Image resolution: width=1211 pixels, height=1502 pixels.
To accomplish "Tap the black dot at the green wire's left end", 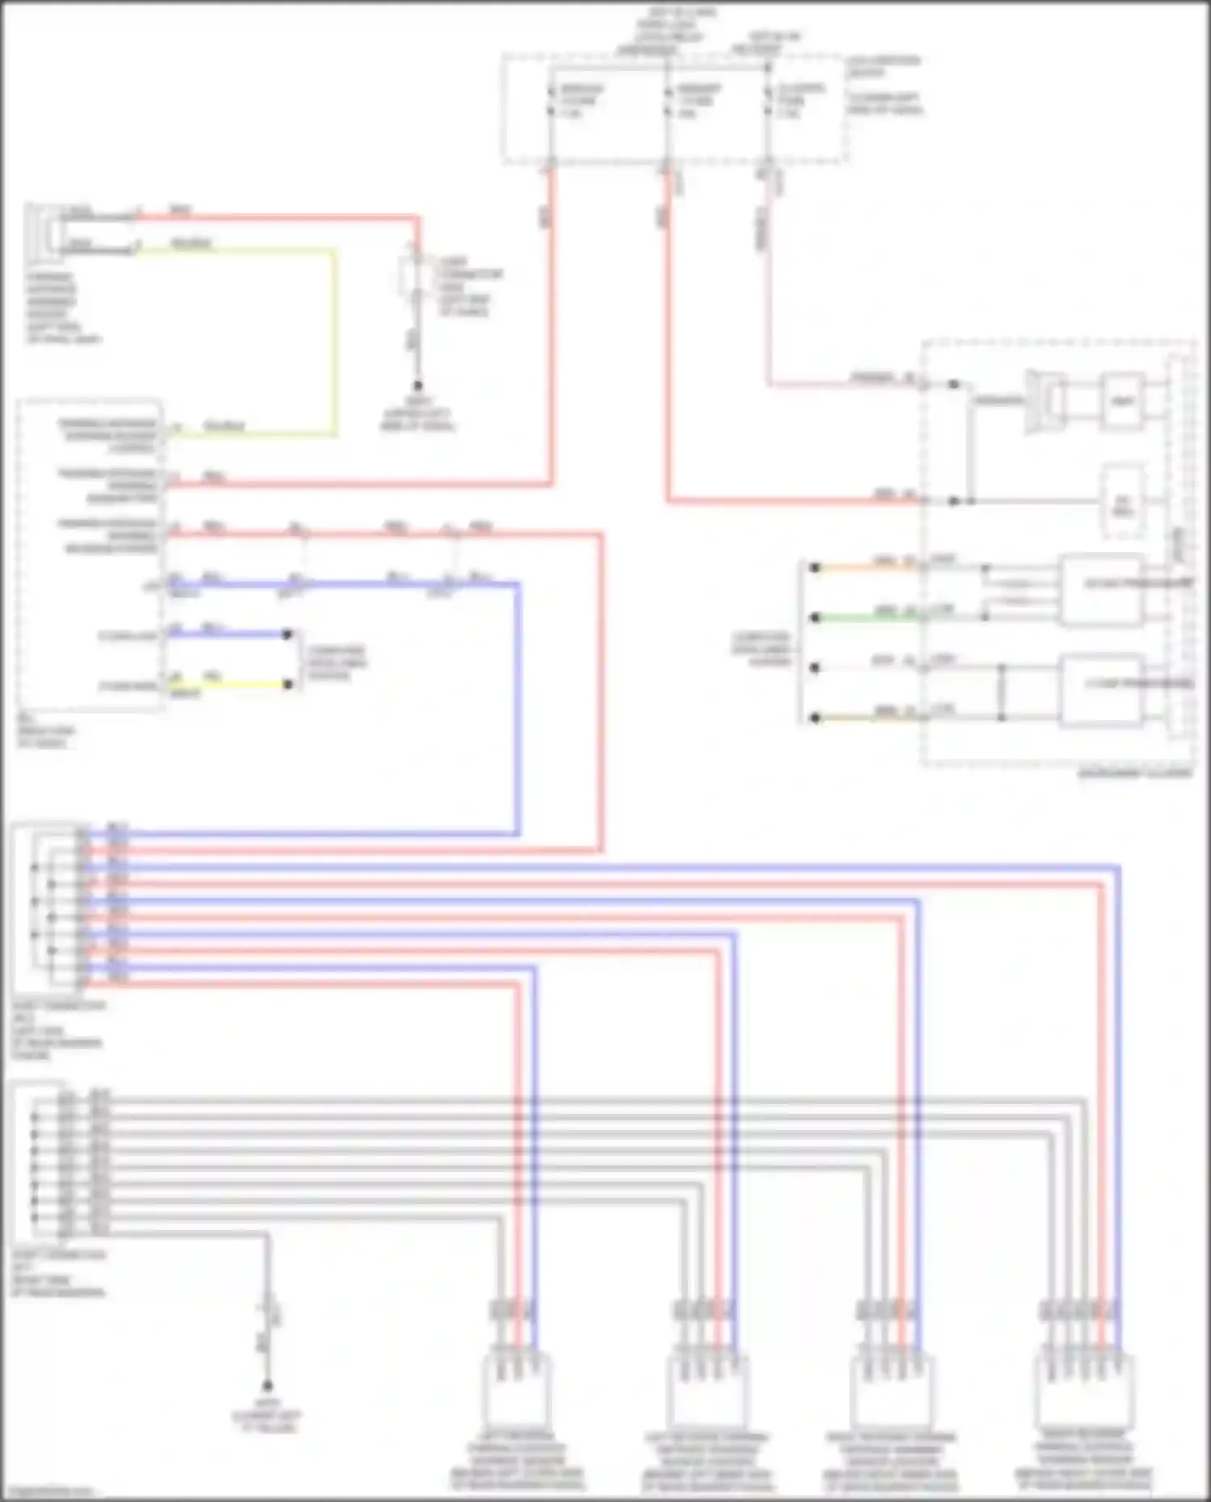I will click(x=815, y=618).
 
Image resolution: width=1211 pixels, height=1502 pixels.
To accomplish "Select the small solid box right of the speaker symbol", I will click(x=1122, y=401).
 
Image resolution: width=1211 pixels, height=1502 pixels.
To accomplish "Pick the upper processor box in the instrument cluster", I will click(x=1101, y=590).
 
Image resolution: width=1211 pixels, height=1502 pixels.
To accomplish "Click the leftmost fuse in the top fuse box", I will click(x=551, y=102).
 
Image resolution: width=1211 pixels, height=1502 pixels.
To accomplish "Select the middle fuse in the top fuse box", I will click(x=668, y=102).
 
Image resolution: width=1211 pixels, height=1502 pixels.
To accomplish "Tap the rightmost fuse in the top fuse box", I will click(x=769, y=102).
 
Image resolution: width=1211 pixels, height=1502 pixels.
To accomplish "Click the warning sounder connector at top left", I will click(x=42, y=232).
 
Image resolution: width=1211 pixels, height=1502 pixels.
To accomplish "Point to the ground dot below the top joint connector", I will click(x=418, y=387).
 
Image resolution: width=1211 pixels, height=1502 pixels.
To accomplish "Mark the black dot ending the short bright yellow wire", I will click(x=287, y=684).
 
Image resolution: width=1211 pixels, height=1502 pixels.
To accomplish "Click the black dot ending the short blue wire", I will click(x=287, y=634).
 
